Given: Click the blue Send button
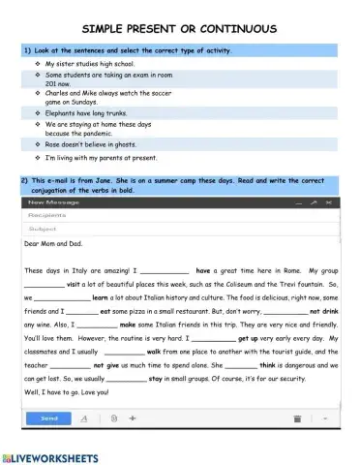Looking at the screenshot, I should coord(49,418).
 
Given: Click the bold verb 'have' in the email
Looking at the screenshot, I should coord(203,270).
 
